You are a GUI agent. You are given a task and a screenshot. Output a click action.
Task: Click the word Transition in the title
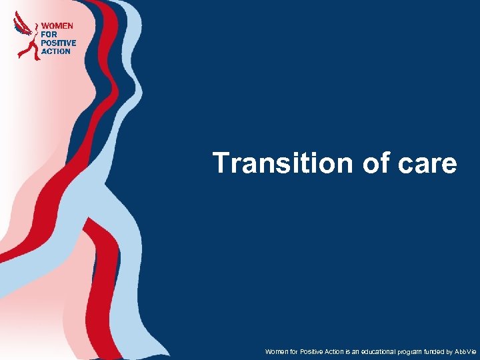tap(281, 163)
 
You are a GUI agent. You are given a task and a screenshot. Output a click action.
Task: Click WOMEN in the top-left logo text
tap(57, 25)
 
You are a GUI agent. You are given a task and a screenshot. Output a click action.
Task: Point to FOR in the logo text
tap(49, 34)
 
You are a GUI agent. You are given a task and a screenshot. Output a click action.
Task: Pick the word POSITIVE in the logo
tap(59, 43)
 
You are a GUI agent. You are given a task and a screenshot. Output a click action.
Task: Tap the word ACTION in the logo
tap(56, 51)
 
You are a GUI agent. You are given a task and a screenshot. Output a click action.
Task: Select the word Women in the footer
tap(275, 351)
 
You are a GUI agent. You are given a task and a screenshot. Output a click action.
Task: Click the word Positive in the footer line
tap(311, 351)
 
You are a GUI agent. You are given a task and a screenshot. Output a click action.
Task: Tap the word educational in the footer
tap(374, 351)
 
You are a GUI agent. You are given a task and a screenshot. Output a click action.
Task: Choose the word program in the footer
tap(409, 351)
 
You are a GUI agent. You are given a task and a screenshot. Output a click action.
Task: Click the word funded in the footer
tap(434, 351)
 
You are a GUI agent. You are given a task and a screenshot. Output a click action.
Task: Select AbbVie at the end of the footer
tap(466, 351)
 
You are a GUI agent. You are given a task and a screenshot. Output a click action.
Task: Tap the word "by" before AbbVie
tap(450, 351)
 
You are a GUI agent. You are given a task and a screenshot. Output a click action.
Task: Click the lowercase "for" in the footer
tap(293, 351)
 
